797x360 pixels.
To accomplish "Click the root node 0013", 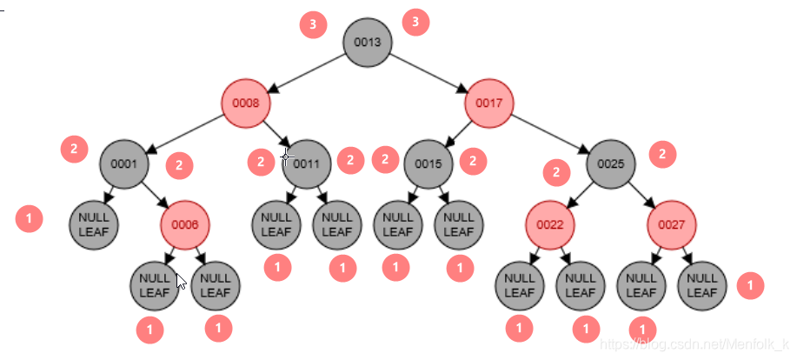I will tap(368, 42).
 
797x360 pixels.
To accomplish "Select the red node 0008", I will tap(246, 103).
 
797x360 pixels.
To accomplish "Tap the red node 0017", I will tap(489, 103).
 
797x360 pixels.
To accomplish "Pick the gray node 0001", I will tap(124, 163).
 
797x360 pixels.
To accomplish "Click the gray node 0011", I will tap(307, 163).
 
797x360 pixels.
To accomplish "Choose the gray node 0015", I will tap(428, 163).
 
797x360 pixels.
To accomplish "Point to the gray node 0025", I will tap(611, 163).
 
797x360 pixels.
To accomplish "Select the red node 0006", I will tap(185, 224).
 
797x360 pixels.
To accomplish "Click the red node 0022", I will tap(550, 224).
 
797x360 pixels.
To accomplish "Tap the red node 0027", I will tap(672, 224).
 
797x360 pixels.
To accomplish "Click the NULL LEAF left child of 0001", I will tap(94, 224).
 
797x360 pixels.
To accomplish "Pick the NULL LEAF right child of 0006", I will tap(216, 285).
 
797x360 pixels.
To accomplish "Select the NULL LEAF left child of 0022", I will tap(520, 285).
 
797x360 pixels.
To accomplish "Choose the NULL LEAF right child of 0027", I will tap(702, 285).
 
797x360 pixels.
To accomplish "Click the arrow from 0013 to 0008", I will tap(307, 72).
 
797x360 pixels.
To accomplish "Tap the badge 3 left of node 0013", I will tap(313, 24).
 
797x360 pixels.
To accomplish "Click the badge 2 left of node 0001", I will tap(74, 149).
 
